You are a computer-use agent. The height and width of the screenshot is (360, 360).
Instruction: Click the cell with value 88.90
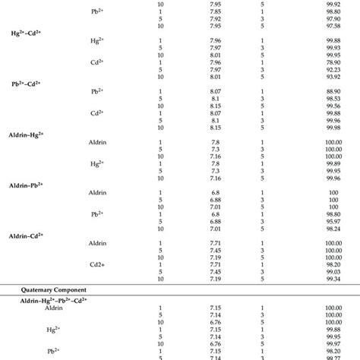click(x=330, y=90)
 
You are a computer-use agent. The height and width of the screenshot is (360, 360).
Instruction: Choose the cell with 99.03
click(x=330, y=270)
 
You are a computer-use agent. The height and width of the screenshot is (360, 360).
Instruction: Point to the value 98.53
click(x=330, y=97)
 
